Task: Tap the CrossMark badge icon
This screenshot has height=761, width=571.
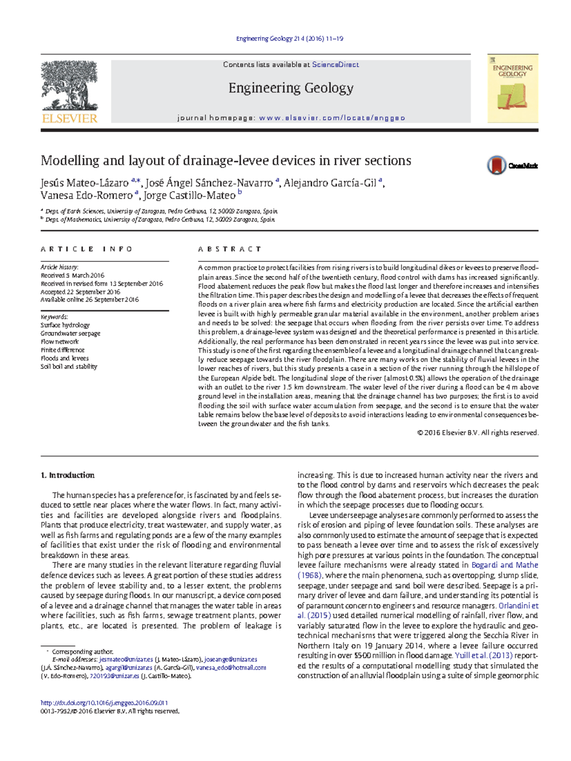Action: (497, 165)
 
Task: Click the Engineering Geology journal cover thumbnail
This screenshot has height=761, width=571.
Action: (512, 89)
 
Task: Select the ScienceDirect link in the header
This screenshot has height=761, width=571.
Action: (335, 65)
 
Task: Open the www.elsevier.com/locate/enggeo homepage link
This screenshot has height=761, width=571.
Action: (332, 118)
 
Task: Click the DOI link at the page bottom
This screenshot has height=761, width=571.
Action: (104, 702)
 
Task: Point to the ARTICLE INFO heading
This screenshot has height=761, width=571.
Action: (87, 249)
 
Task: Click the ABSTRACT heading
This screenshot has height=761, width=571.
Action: (230, 249)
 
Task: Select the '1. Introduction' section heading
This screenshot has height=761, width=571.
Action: (68, 475)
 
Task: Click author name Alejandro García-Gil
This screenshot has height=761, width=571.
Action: (330, 183)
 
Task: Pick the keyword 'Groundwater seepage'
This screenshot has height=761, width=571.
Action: (70, 334)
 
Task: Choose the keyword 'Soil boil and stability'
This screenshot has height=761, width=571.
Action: (69, 366)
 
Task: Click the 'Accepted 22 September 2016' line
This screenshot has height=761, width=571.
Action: (80, 292)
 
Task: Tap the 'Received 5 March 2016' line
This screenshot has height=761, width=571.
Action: (72, 275)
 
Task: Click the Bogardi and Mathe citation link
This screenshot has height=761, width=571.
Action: (504, 565)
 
